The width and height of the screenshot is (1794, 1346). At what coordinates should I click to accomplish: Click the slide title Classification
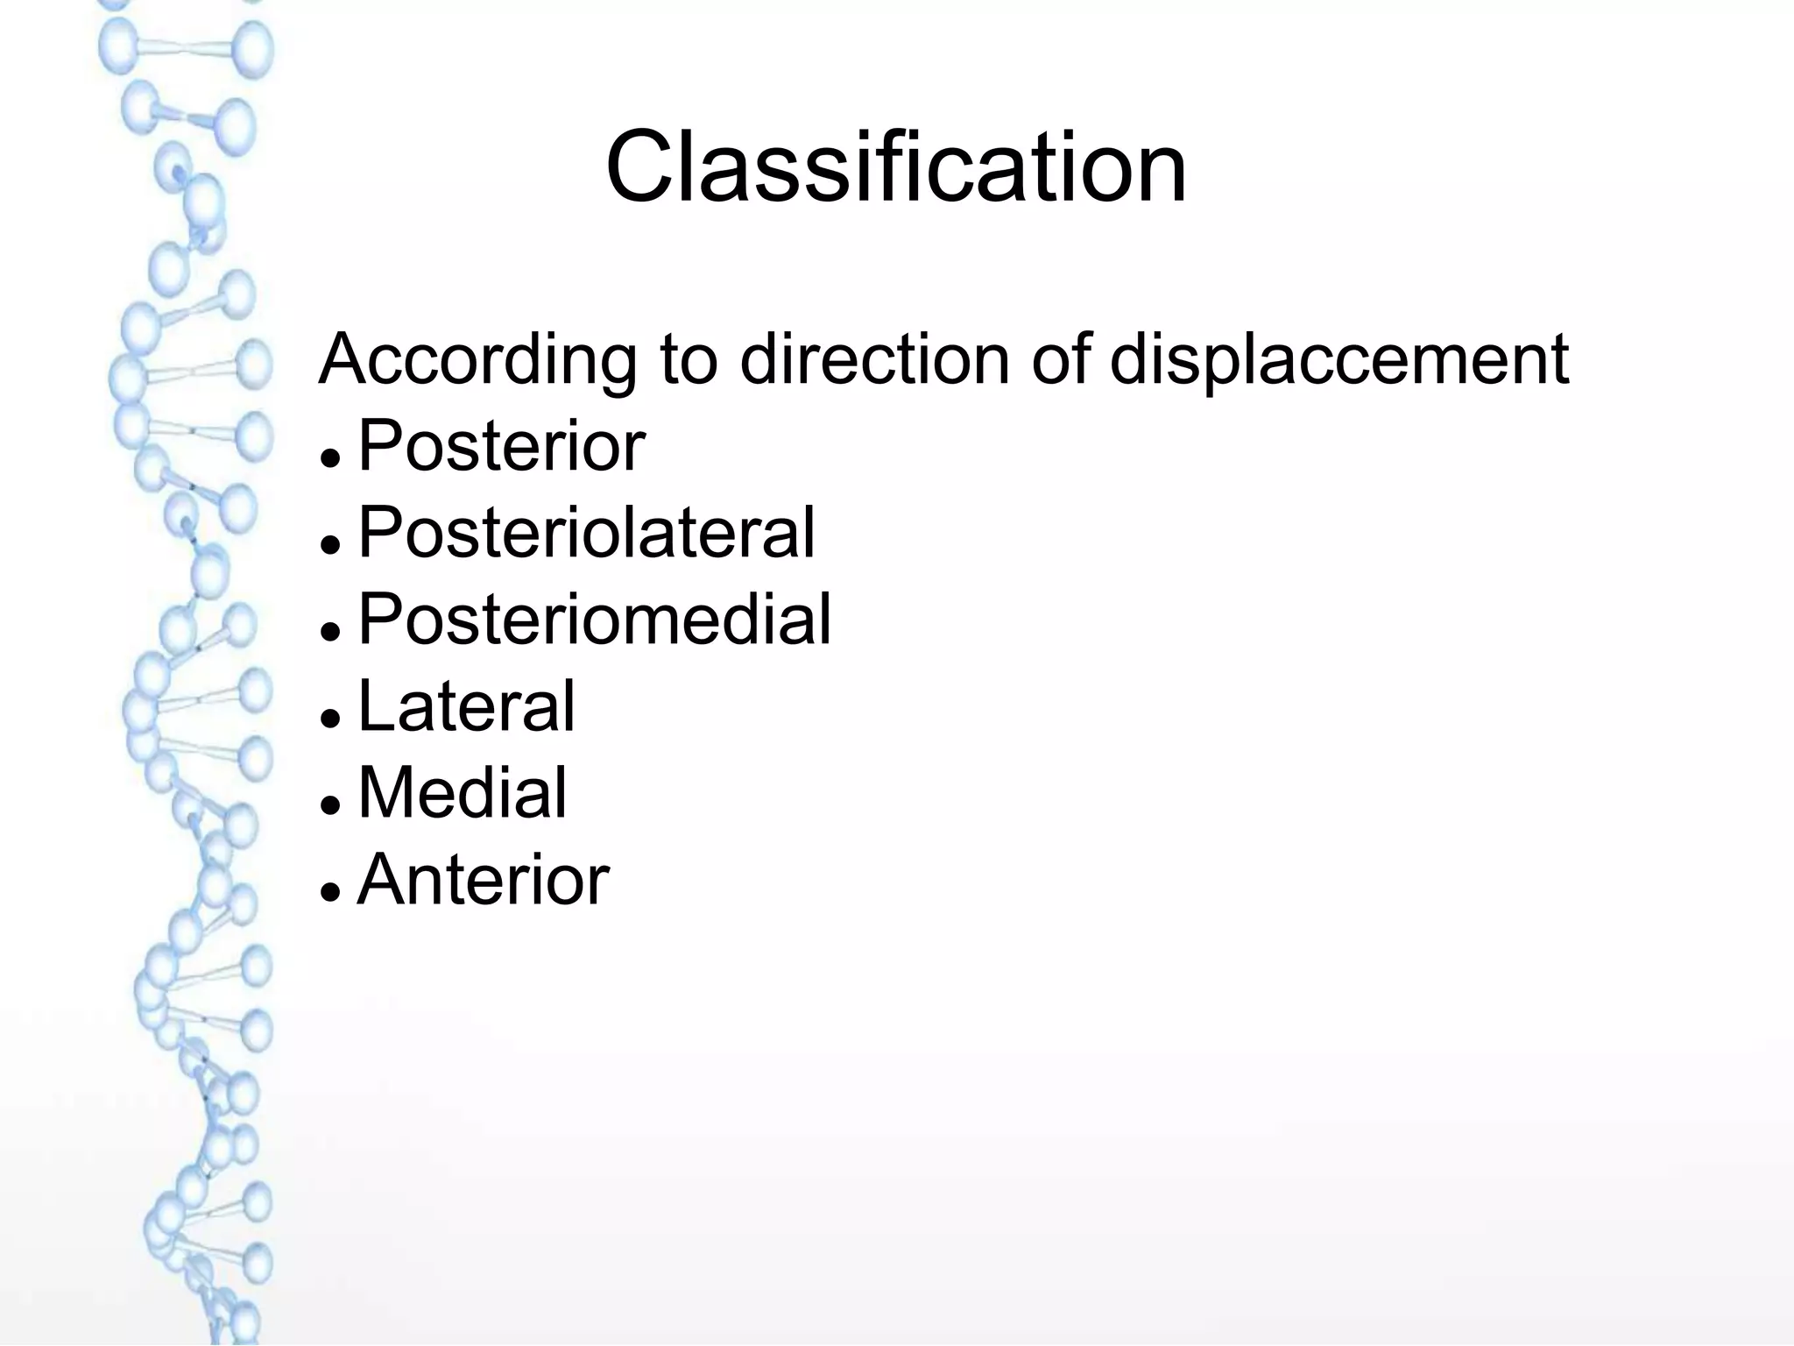point(895,166)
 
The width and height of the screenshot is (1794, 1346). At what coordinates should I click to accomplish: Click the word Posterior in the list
point(501,445)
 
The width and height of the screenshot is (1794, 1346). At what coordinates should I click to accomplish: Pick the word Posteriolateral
point(586,532)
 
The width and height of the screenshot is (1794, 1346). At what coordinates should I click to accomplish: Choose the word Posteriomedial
point(594,619)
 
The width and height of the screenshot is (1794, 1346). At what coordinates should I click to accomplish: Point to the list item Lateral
point(466,705)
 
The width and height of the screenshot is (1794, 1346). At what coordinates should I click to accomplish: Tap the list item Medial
point(463,792)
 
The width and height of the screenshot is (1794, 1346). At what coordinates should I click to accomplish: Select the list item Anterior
point(483,879)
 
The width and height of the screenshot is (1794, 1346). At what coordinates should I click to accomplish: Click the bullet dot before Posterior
point(330,457)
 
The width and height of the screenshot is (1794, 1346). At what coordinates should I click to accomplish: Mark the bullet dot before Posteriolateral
point(330,544)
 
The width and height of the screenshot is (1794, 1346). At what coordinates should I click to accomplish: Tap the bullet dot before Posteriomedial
point(330,631)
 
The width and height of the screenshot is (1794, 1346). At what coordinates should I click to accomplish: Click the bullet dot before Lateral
point(330,718)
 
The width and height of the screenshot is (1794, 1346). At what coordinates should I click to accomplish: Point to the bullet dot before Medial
point(330,804)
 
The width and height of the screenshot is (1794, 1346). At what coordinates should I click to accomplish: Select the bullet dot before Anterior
point(330,891)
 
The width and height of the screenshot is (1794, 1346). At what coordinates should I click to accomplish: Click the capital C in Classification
point(638,166)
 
